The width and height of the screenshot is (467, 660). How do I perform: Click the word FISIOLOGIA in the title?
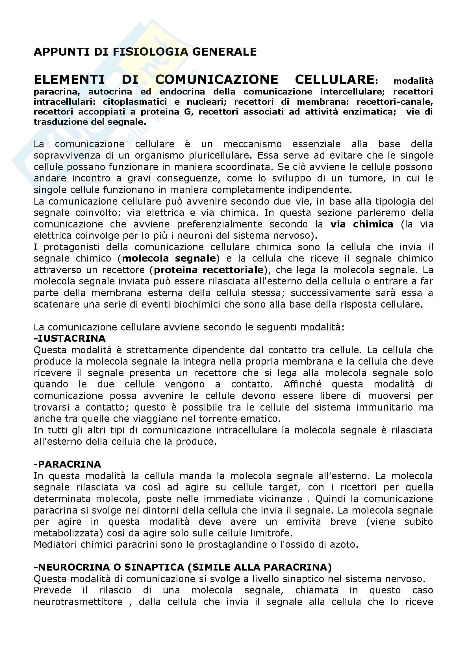tap(151, 52)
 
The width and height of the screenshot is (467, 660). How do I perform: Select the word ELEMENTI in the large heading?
tap(69, 80)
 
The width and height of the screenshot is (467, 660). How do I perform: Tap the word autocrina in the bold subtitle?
tap(110, 92)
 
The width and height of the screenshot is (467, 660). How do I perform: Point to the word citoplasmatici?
tap(135, 102)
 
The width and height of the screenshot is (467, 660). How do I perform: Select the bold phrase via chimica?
tap(361, 224)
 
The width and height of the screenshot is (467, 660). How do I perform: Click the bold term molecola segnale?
tap(169, 258)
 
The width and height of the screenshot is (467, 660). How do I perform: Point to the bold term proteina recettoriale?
tap(209, 270)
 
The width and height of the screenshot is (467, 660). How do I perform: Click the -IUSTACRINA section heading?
tap(69, 338)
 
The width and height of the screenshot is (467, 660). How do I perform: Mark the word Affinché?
tap(302, 384)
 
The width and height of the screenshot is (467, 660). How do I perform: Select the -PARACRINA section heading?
tap(67, 464)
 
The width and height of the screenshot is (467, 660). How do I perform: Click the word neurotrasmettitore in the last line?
tap(78, 602)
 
